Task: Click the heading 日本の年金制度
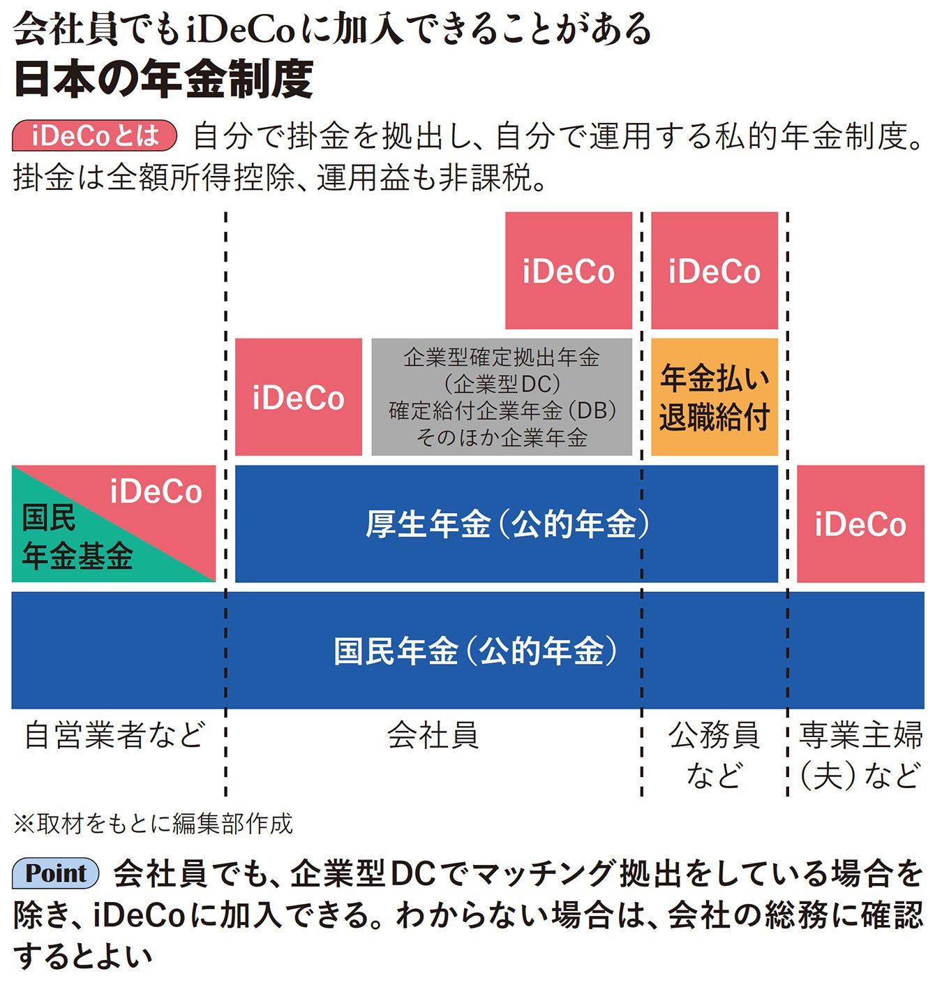pyautogui.click(x=163, y=78)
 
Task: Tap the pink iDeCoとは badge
pyautogui.click(x=94, y=135)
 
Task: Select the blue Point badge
pyautogui.click(x=56, y=873)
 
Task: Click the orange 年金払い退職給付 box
pyautogui.click(x=714, y=397)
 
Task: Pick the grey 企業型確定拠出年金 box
pyautogui.click(x=502, y=397)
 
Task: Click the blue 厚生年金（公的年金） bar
pyautogui.click(x=507, y=524)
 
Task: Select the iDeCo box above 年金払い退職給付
pyautogui.click(x=714, y=271)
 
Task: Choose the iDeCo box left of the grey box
pyautogui.click(x=299, y=397)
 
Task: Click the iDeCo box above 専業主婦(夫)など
pyautogui.click(x=860, y=524)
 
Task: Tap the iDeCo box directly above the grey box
pyautogui.click(x=568, y=271)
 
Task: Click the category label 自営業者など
pyautogui.click(x=115, y=735)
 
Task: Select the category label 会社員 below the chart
pyautogui.click(x=433, y=735)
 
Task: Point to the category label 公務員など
pyautogui.click(x=714, y=754)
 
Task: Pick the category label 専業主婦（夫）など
pyautogui.click(x=860, y=754)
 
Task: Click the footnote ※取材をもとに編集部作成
pyautogui.click(x=154, y=824)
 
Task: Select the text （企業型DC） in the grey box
pyautogui.click(x=502, y=384)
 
